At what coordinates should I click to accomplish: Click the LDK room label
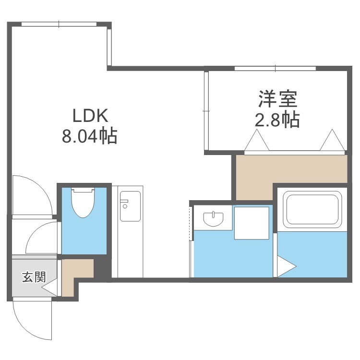[90, 116]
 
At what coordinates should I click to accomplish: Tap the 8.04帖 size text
[90, 136]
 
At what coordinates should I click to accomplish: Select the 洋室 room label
[278, 99]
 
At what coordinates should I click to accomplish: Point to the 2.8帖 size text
[277, 120]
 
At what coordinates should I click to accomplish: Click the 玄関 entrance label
[34, 277]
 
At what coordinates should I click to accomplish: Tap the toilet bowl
[83, 203]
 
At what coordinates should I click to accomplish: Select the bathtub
[312, 209]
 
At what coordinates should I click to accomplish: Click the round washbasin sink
[213, 219]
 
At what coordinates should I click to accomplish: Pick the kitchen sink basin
[130, 206]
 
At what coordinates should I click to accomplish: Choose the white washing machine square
[252, 223]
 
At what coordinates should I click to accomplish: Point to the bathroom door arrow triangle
[287, 266]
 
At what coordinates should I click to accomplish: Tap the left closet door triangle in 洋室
[257, 140]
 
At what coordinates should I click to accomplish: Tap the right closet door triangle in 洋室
[332, 140]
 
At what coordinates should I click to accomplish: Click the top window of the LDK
[59, 24]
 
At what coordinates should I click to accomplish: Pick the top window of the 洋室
[276, 68]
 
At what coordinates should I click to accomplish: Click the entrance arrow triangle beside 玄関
[49, 287]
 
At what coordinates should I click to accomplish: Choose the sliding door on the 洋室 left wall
[206, 111]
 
